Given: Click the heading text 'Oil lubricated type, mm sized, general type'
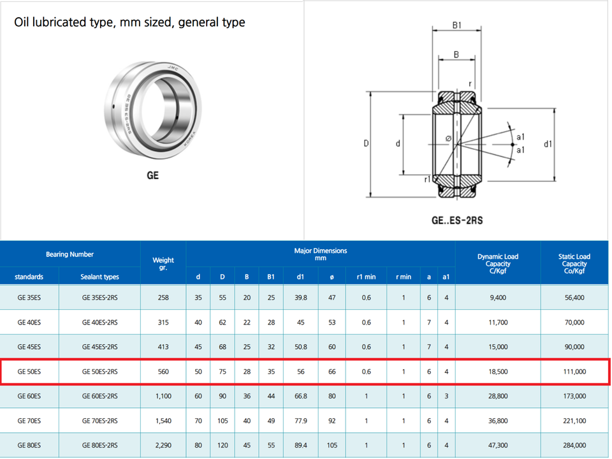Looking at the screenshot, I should (x=129, y=22).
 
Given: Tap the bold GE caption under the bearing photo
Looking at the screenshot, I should (x=152, y=175).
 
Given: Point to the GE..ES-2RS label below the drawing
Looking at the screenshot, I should (x=456, y=221).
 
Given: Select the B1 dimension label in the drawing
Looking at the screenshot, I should (x=456, y=25).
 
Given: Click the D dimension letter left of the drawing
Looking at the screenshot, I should (x=367, y=143).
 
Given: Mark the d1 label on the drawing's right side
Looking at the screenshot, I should (x=548, y=144).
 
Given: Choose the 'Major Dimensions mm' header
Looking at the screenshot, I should (x=320, y=254).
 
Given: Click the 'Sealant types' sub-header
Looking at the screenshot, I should (x=99, y=277).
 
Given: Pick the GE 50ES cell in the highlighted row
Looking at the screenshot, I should (x=29, y=372).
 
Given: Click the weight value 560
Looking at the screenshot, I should (x=163, y=372).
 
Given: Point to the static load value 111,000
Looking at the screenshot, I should (x=574, y=372).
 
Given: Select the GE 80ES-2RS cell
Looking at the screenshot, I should (x=99, y=446).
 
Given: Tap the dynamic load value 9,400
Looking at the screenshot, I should (x=498, y=297).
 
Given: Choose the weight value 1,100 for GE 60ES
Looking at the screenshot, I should (x=163, y=396).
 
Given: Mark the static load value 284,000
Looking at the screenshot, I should (x=574, y=446).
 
